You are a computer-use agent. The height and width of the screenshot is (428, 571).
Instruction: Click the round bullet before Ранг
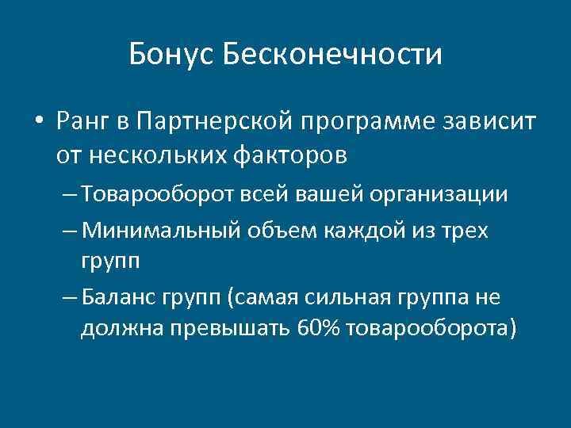[38, 123]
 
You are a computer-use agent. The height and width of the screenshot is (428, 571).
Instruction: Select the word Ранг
[82, 123]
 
